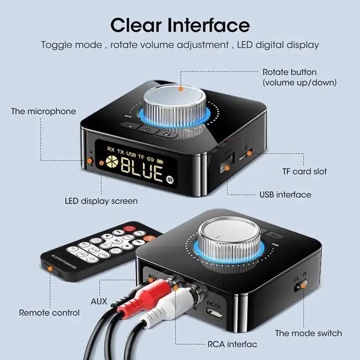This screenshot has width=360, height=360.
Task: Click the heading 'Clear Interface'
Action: [179, 25]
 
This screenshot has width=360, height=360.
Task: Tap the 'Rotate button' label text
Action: [297, 73]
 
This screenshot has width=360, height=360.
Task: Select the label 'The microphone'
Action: [43, 111]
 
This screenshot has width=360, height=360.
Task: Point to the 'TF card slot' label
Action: [304, 171]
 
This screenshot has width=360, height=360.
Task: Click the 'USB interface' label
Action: [285, 195]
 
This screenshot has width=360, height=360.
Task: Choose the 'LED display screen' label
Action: [101, 201]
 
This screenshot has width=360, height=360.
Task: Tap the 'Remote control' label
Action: [49, 312]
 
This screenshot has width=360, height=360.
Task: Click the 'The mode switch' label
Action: [308, 333]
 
